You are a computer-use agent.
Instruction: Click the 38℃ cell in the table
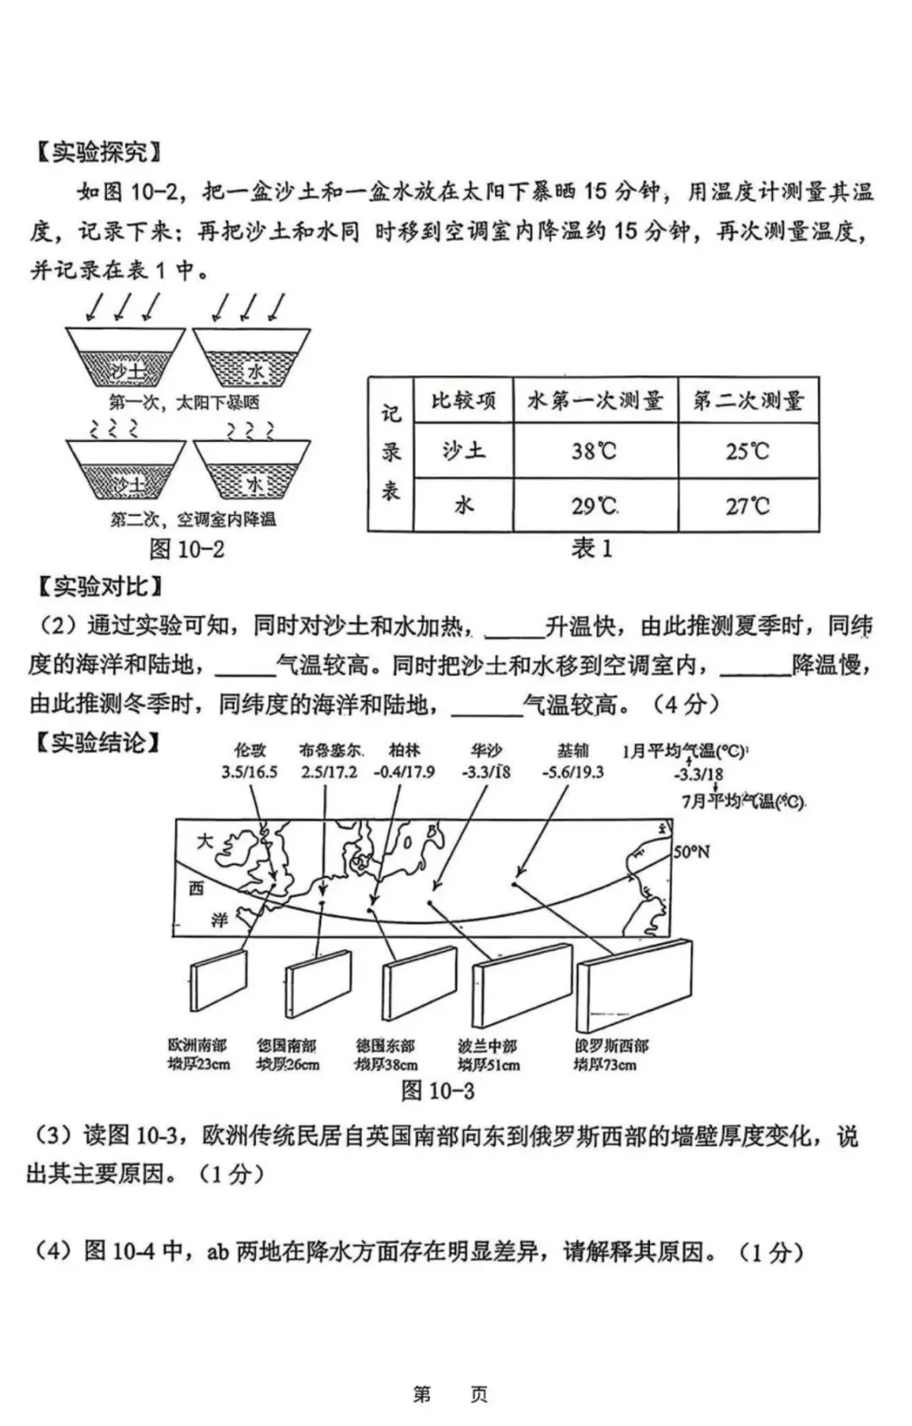(x=594, y=451)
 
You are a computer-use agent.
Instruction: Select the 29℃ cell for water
(x=594, y=506)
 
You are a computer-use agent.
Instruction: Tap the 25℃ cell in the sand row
(x=748, y=451)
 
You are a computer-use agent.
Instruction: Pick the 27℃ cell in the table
(x=748, y=506)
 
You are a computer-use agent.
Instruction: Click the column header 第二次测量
(x=748, y=400)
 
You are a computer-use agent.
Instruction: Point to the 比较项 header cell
(x=464, y=400)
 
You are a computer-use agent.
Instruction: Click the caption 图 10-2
(x=187, y=549)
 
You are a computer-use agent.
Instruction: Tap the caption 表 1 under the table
(x=592, y=548)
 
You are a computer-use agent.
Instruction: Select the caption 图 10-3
(x=437, y=1091)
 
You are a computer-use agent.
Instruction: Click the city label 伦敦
(x=250, y=749)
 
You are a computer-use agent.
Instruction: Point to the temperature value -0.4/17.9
(x=404, y=771)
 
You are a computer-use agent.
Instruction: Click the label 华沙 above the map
(x=486, y=749)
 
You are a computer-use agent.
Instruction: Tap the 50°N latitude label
(x=691, y=852)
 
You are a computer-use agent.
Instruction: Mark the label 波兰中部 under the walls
(x=487, y=1046)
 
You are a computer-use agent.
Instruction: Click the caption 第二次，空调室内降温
(x=193, y=520)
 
